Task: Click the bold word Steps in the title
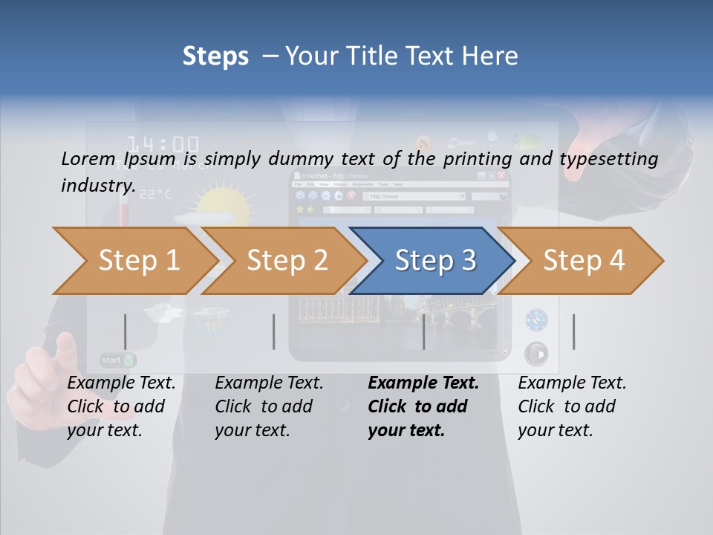215,56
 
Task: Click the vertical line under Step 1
126,331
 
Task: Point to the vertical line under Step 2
274,331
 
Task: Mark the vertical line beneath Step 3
424,331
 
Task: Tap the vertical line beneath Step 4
574,331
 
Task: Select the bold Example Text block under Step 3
423,406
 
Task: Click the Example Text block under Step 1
121,406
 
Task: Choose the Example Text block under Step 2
269,406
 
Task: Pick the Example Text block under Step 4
572,406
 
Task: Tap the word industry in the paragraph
97,186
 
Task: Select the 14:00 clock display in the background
163,144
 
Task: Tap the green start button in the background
118,360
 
